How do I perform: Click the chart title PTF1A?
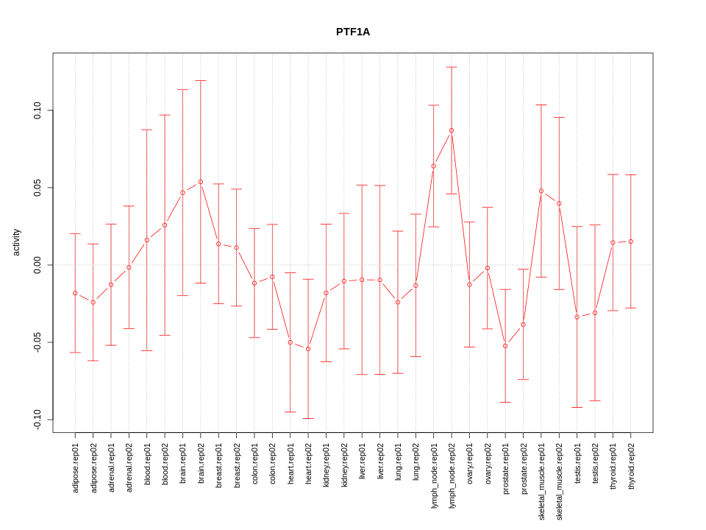[353, 32]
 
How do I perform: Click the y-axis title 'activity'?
[16, 242]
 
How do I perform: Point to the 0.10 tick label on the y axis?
[38, 110]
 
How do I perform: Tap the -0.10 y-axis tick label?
[38, 420]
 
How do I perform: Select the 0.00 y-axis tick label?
[38, 265]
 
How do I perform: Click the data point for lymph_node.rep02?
[452, 130]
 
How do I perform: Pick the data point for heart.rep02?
[308, 349]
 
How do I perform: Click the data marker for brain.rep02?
[201, 182]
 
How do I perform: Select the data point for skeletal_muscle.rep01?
[541, 191]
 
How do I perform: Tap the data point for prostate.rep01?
[505, 346]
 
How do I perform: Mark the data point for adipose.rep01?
[75, 293]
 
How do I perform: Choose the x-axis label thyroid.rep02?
[631, 467]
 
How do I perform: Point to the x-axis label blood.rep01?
[147, 463]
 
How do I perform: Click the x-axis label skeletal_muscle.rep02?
[559, 481]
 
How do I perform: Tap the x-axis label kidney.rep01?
[327, 465]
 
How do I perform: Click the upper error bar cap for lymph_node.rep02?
[452, 67]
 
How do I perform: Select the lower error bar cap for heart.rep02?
[308, 418]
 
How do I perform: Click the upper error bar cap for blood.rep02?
[165, 115]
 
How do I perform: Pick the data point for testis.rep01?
[577, 317]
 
